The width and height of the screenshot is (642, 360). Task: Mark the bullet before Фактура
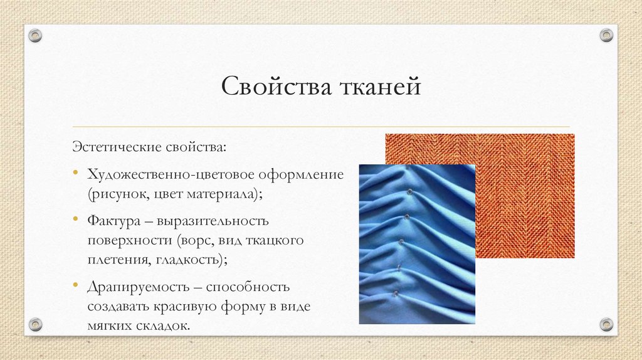point(75,221)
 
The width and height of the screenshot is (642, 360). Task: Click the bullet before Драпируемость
point(75,287)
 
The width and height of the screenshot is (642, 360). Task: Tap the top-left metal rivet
point(36,35)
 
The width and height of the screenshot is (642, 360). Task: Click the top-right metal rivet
point(606,35)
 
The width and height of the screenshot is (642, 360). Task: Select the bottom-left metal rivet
point(36,324)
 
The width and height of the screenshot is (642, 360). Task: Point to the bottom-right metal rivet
point(606,324)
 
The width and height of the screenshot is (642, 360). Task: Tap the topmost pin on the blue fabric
point(409,191)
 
